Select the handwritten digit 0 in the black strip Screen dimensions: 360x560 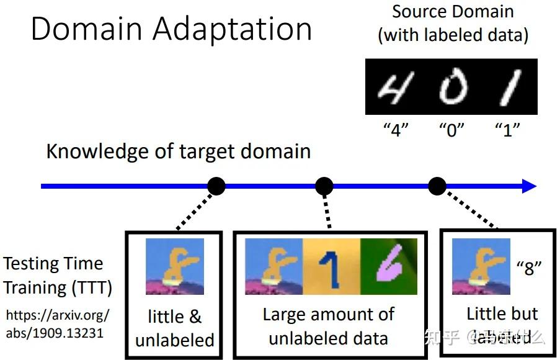(x=452, y=87)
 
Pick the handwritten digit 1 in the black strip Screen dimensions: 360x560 (x=509, y=87)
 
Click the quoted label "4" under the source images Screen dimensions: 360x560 (x=395, y=130)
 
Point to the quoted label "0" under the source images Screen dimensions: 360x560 (x=452, y=130)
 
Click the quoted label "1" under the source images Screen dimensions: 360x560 (x=507, y=130)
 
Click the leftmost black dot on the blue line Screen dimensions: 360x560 (x=216, y=185)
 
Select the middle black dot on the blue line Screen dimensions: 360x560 (x=324, y=185)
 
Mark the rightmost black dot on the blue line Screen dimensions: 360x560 (x=437, y=185)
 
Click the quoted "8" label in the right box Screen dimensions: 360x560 (x=529, y=268)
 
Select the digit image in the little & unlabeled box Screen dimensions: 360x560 (x=174, y=267)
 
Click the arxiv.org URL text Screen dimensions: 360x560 (x=57, y=323)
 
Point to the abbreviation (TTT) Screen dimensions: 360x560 (x=91, y=288)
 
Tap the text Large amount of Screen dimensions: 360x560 (x=328, y=314)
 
